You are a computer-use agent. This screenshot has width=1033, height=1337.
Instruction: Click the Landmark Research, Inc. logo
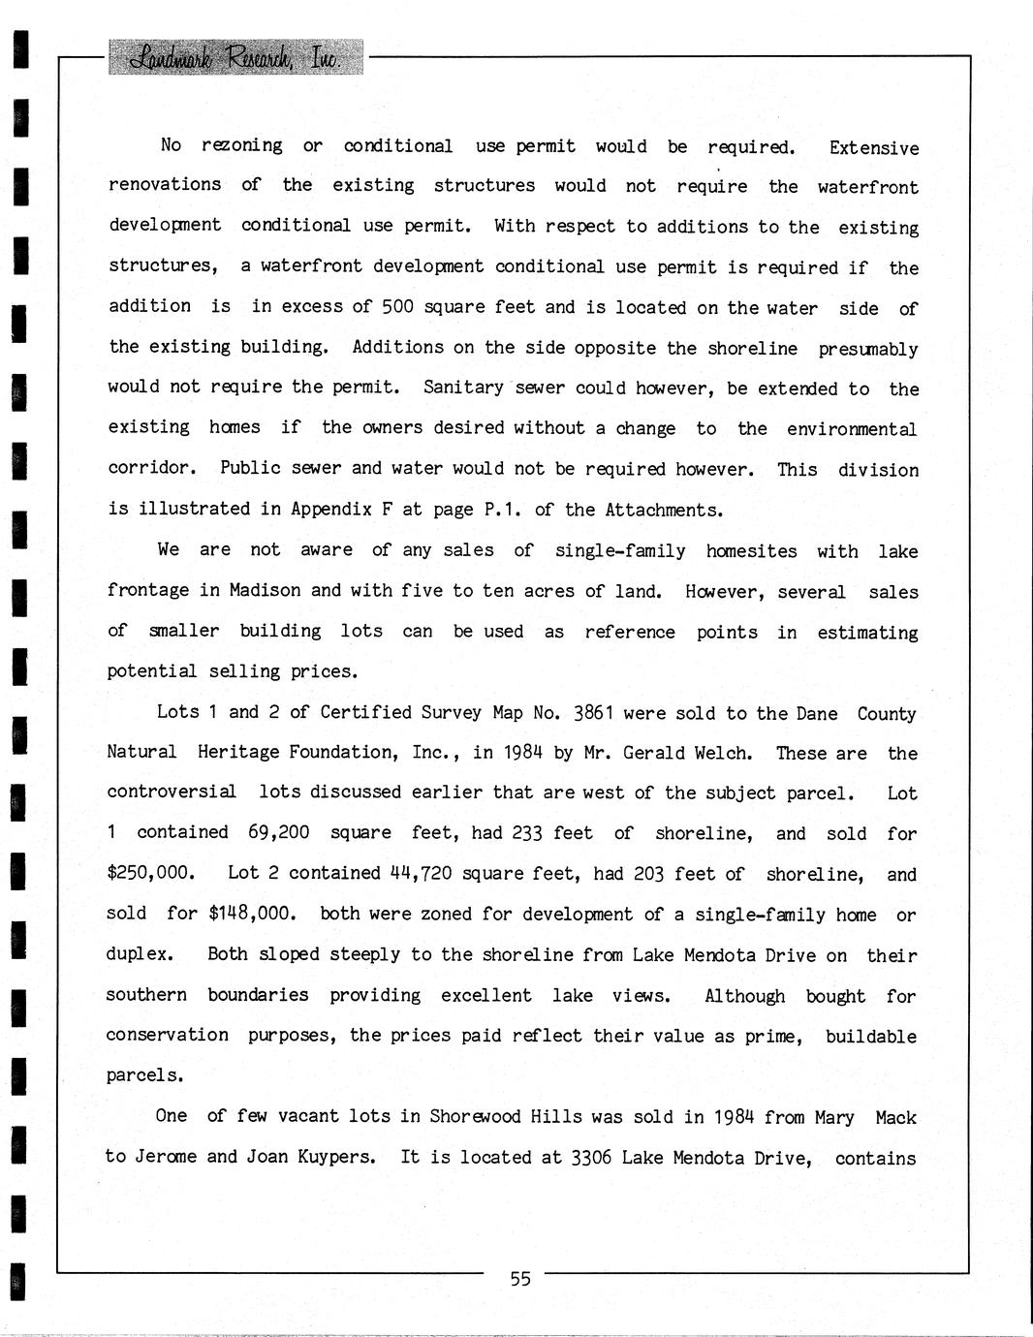click(235, 57)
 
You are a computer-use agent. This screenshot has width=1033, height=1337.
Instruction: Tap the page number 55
click(520, 1279)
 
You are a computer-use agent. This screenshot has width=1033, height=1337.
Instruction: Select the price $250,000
click(150, 873)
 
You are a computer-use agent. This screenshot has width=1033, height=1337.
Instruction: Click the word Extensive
click(874, 147)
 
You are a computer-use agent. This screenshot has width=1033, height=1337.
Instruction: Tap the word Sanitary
click(463, 388)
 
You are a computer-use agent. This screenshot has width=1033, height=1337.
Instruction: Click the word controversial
click(172, 793)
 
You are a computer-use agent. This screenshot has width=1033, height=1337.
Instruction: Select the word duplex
click(140, 954)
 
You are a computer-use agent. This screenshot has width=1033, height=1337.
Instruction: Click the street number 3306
click(589, 1157)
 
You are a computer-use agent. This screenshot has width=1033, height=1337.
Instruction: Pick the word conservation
click(168, 1036)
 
